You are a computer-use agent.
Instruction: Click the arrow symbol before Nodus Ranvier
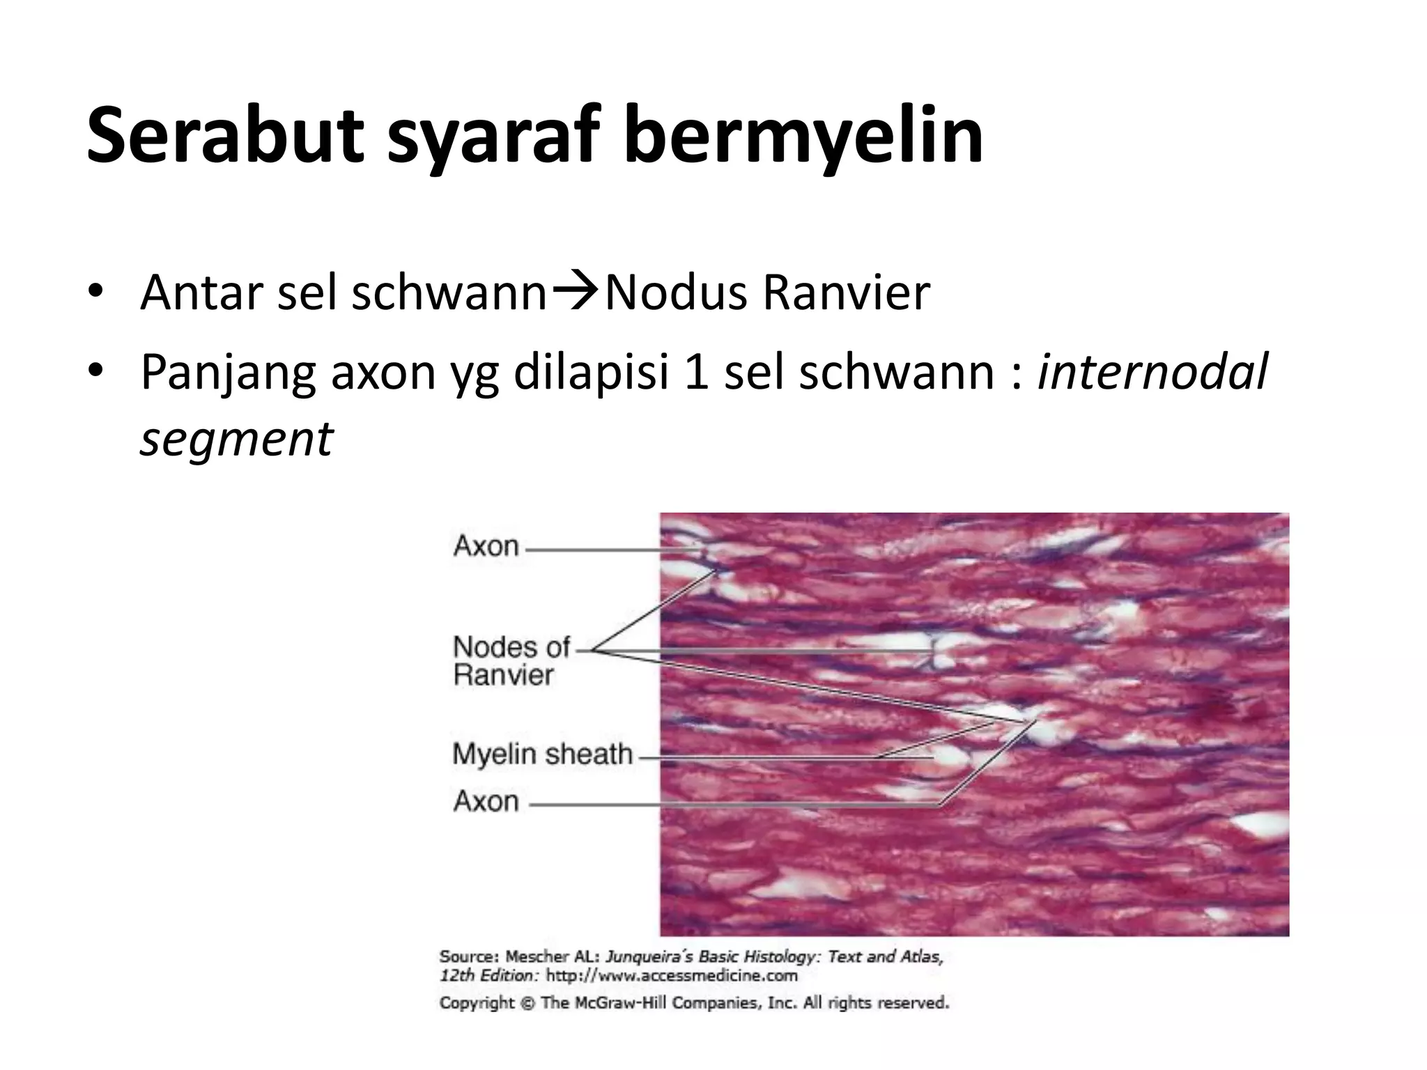click(x=576, y=291)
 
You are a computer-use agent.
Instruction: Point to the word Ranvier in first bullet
click(x=846, y=292)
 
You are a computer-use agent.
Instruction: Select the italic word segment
click(x=237, y=439)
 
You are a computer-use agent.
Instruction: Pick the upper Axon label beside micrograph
click(x=486, y=546)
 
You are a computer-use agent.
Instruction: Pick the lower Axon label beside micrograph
click(x=486, y=802)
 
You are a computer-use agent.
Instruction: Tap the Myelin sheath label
click(x=542, y=754)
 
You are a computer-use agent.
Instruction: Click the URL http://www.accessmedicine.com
click(x=672, y=975)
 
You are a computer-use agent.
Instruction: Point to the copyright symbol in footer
click(x=528, y=1003)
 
